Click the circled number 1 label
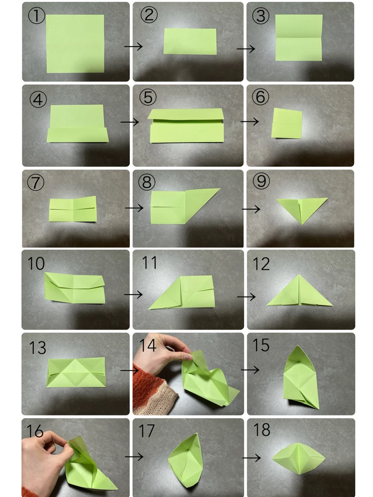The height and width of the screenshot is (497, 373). tap(36, 16)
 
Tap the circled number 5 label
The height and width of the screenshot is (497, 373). tap(148, 97)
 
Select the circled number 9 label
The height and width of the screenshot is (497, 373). tap(262, 181)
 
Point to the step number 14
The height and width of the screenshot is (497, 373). tap(148, 345)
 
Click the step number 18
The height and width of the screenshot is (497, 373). tap(262, 430)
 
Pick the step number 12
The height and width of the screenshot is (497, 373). tap(262, 264)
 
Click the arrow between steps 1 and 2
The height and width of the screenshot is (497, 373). tap(133, 47)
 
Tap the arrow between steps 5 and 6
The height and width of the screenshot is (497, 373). tap(250, 121)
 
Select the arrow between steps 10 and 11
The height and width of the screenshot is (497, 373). tap(133, 294)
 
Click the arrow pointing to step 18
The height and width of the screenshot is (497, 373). tap(252, 458)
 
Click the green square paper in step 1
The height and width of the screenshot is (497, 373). tap(75, 43)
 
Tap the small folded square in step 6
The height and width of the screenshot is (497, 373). tap(287, 123)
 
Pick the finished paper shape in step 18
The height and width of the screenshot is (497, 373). tap(298, 459)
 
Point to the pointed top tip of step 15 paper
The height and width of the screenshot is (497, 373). tap(297, 346)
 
